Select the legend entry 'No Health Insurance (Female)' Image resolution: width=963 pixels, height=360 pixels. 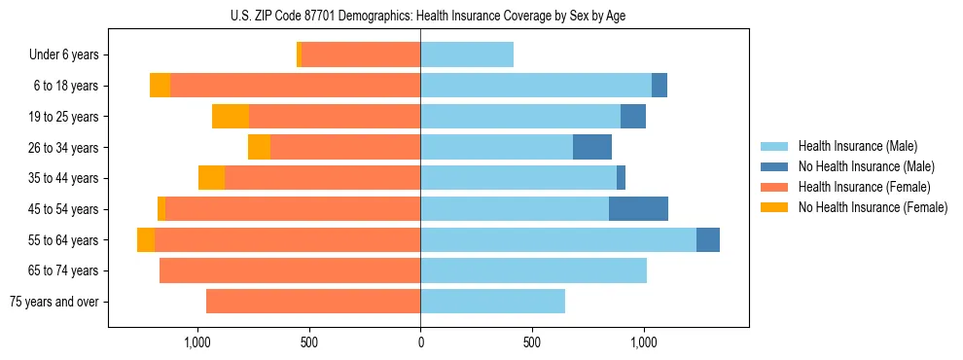873,207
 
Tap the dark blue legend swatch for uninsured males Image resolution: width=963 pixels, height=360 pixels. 774,166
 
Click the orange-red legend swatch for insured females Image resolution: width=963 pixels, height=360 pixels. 774,187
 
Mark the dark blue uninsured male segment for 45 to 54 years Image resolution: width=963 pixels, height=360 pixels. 638,209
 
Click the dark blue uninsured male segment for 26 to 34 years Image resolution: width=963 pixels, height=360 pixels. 592,148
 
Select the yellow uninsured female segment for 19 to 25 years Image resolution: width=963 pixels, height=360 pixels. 231,117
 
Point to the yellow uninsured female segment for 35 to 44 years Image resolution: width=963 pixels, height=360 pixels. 211,178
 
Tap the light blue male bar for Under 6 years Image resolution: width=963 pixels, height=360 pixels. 467,55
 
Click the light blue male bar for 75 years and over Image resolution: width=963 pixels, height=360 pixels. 492,302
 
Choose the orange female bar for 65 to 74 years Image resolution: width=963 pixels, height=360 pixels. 290,270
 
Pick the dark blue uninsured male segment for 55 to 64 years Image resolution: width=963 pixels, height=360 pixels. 708,240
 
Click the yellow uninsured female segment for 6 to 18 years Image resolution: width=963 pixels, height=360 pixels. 160,86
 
